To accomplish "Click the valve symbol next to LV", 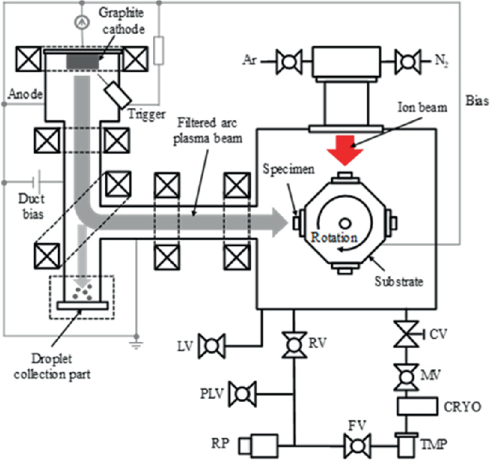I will (211, 346).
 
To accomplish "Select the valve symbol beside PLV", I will (245, 393).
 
